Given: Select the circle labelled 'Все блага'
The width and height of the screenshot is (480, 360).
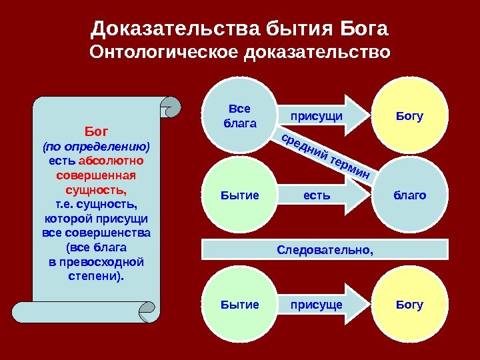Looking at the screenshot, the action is (241, 115).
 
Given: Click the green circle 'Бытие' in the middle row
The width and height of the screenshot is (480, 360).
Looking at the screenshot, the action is (239, 195).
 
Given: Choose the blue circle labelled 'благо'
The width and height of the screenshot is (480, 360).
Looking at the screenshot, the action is (409, 195).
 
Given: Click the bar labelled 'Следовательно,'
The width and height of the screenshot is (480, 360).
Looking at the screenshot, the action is (325, 249).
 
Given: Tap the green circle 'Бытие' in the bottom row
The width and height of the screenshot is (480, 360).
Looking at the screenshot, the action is (239, 305).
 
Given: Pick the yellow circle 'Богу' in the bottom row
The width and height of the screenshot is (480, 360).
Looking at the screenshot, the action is (409, 305).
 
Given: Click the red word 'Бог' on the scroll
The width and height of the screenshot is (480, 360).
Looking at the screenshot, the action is (97, 131).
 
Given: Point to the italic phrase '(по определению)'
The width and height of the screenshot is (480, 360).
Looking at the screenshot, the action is (97, 145).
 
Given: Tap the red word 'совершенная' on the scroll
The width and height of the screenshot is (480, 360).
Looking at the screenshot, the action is (97, 175).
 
